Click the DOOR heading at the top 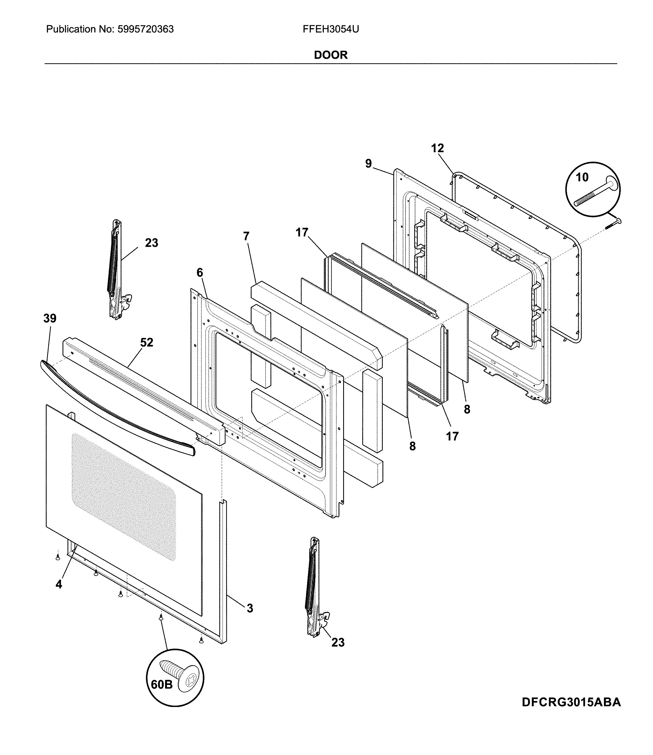tap(330, 55)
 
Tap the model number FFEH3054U tap(330, 29)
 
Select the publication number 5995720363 tap(146, 29)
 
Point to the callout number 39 tap(50, 318)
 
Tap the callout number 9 tap(368, 164)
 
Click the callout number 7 tap(246, 236)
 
